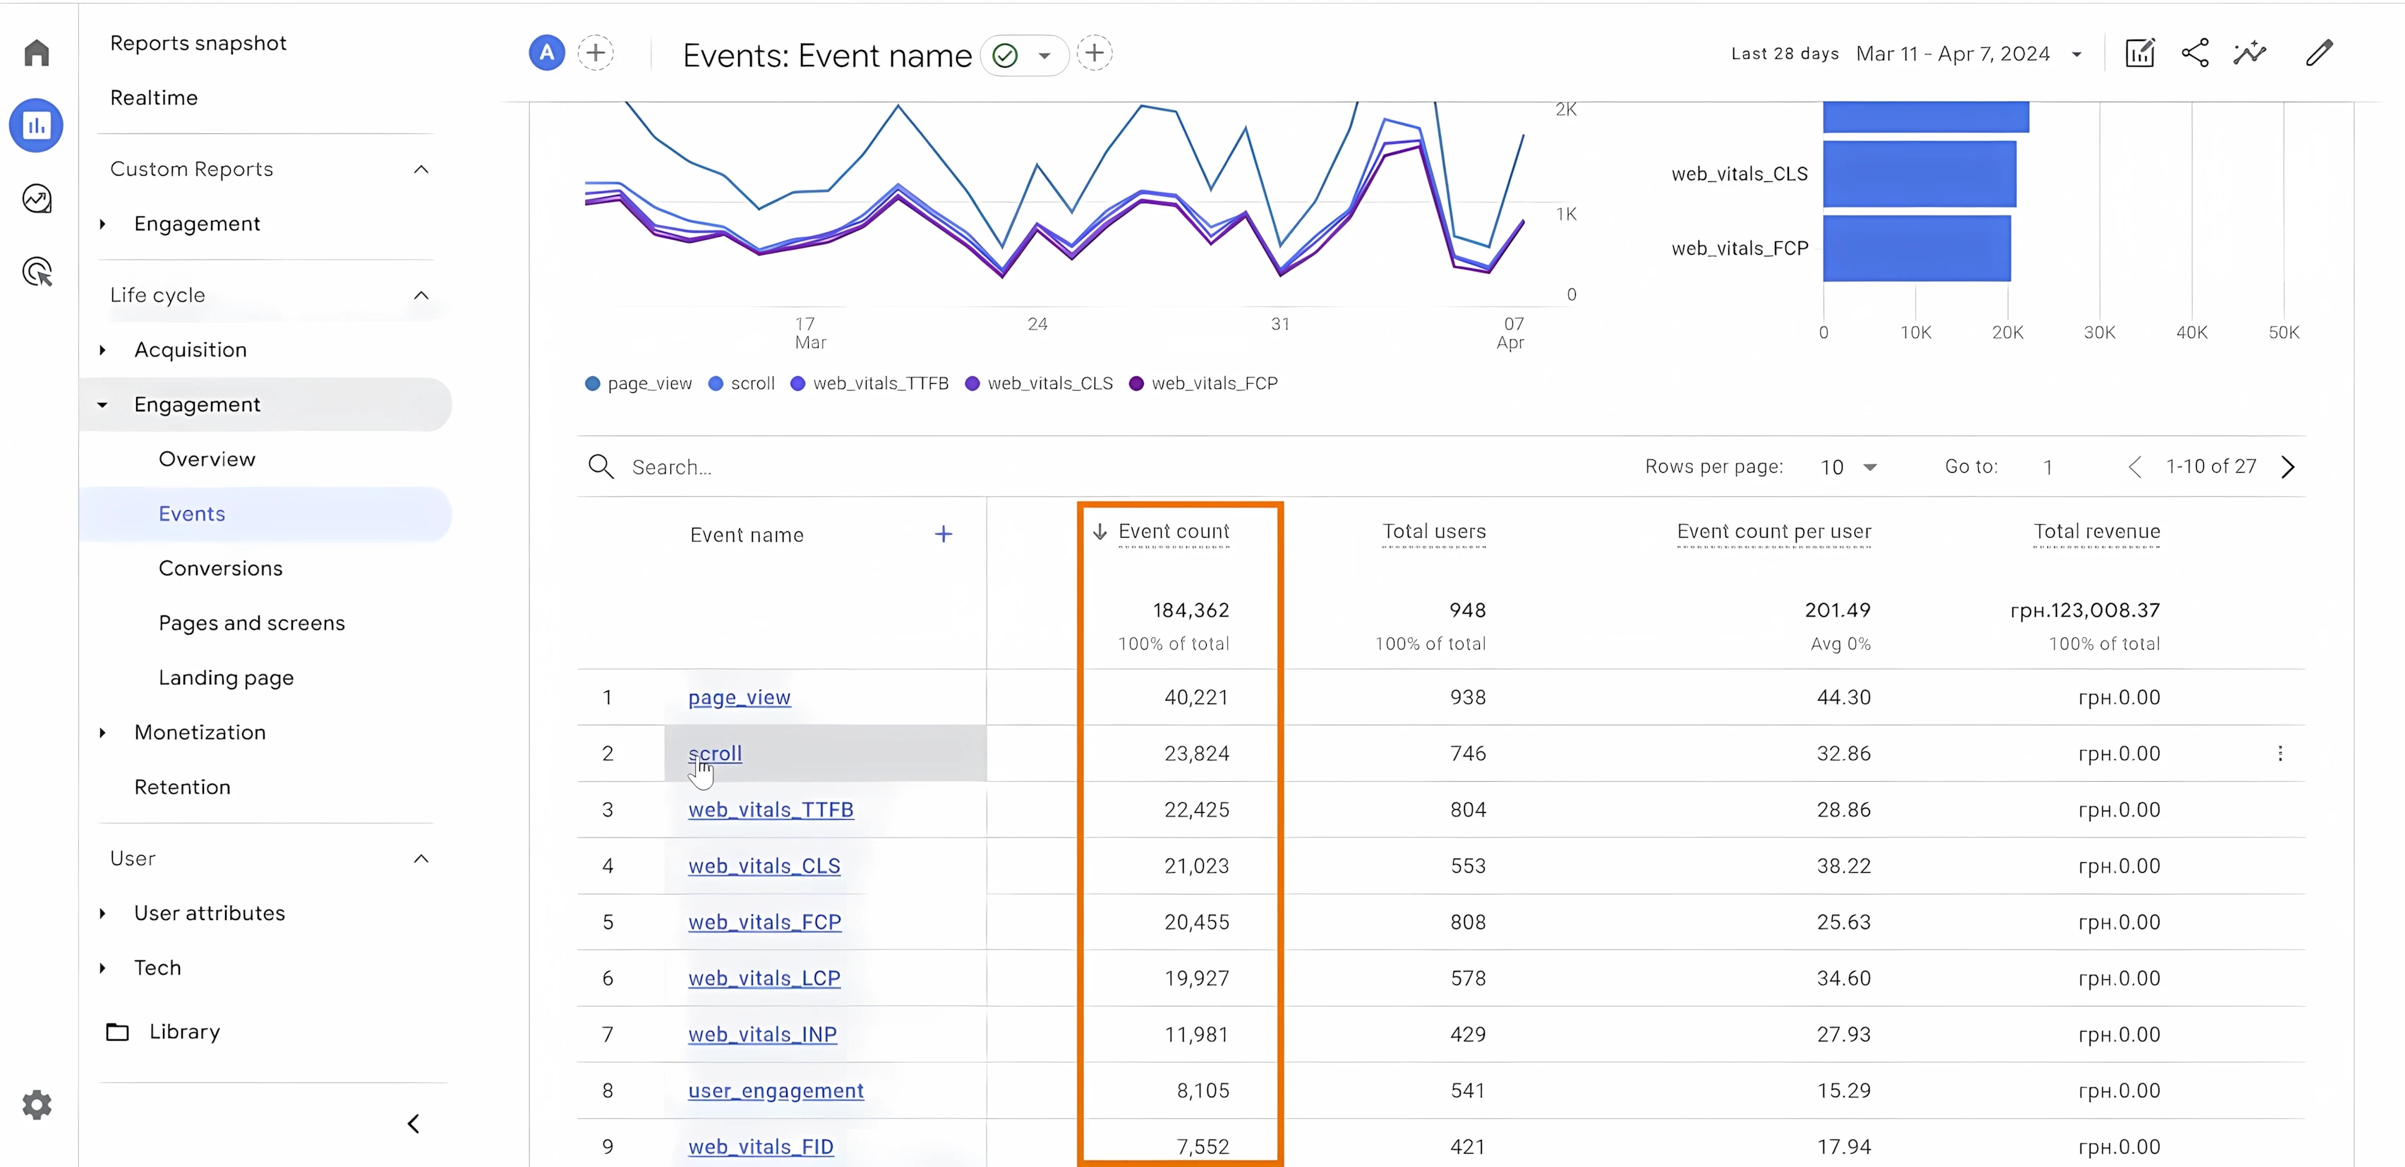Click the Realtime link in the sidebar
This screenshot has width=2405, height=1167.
coord(154,98)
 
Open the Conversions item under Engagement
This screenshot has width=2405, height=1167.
coord(220,569)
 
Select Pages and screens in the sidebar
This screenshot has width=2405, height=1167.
coord(251,623)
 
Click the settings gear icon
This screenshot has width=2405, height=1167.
coord(37,1104)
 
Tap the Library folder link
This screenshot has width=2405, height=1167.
coord(184,1032)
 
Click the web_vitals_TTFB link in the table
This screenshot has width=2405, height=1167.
coord(770,809)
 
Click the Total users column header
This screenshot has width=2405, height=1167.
coord(1433,532)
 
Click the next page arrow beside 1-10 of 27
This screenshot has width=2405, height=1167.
coord(2287,467)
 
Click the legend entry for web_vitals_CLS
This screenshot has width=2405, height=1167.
coord(1049,384)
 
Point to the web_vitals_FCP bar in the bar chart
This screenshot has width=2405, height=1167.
coord(1916,248)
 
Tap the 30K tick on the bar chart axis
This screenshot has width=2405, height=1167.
coord(2099,332)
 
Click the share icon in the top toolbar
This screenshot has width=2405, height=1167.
coord(2195,53)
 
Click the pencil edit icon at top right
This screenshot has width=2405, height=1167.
coord(2318,53)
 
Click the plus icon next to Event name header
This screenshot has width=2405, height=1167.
coord(943,534)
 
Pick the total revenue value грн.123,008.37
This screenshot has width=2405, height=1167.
coord(2084,610)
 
